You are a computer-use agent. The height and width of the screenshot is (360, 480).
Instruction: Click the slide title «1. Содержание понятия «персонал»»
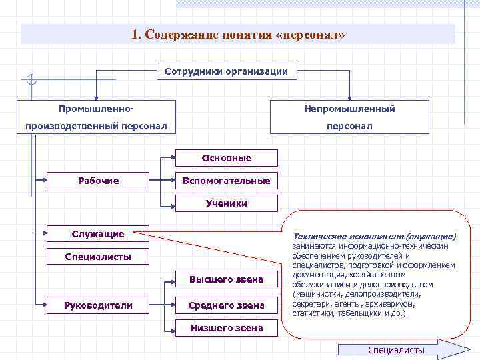coord(238,35)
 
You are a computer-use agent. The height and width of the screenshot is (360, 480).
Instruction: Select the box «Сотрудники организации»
coord(226,72)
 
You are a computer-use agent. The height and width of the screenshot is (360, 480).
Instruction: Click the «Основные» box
coord(227,158)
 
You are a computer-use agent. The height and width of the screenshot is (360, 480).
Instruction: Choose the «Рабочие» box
coord(98,181)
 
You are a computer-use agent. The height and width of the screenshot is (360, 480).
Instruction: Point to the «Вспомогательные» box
coord(227,181)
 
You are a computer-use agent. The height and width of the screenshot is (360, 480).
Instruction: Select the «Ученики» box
coord(227,203)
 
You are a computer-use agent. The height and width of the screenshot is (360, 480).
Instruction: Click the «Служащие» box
coord(98,234)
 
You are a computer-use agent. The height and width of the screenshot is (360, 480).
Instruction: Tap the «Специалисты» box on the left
coord(98,257)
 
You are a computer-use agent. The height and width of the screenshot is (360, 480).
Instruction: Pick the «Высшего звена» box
coord(227,279)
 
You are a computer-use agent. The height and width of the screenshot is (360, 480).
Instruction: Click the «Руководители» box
coord(98,305)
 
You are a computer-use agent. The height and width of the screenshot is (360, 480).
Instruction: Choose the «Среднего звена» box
coord(227,305)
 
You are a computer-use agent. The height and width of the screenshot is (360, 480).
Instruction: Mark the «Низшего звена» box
coord(227,328)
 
